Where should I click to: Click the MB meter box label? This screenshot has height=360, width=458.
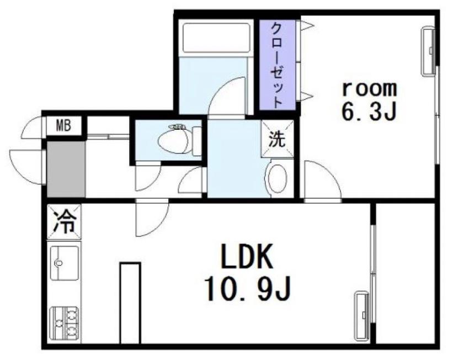point(63,126)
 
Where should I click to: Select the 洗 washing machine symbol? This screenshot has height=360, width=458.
point(277,139)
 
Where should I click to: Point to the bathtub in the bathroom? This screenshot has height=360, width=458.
point(216,38)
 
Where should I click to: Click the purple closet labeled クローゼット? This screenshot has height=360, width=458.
point(278,65)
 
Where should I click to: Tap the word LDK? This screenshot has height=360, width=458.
point(247,256)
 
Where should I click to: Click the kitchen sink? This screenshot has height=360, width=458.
point(65,263)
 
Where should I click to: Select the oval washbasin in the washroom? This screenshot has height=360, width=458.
point(277,178)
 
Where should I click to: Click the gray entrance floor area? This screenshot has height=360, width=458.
point(66,169)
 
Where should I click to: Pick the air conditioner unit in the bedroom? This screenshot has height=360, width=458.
point(428,51)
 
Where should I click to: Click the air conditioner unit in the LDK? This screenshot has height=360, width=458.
point(362,316)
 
